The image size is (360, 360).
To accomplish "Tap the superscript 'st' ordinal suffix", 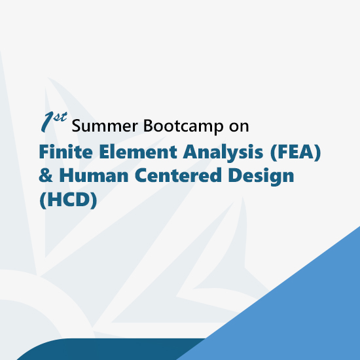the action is tap(60, 117).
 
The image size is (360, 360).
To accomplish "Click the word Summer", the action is tap(105, 126).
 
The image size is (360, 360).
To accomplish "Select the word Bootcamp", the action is tap(183, 126).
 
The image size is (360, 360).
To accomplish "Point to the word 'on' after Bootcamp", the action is tap(239, 126).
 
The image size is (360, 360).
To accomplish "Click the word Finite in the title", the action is tap(66, 151).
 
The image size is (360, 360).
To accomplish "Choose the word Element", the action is tap(138, 151).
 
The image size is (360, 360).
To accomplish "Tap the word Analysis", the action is tap(223, 153).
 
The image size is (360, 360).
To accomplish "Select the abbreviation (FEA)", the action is tap(295, 153).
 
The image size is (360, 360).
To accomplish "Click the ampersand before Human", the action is tap(46, 175).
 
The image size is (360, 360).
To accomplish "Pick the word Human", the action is tap(94, 175).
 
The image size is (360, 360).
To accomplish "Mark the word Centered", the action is tap(178, 175).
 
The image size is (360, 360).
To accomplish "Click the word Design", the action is tap(261, 176).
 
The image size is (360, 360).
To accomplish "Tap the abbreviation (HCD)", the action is tap(69, 200).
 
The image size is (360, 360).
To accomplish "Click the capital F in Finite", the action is tap(45, 152).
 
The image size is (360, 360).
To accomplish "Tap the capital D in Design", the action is tap(235, 175).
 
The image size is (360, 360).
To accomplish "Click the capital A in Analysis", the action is tap(190, 152).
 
